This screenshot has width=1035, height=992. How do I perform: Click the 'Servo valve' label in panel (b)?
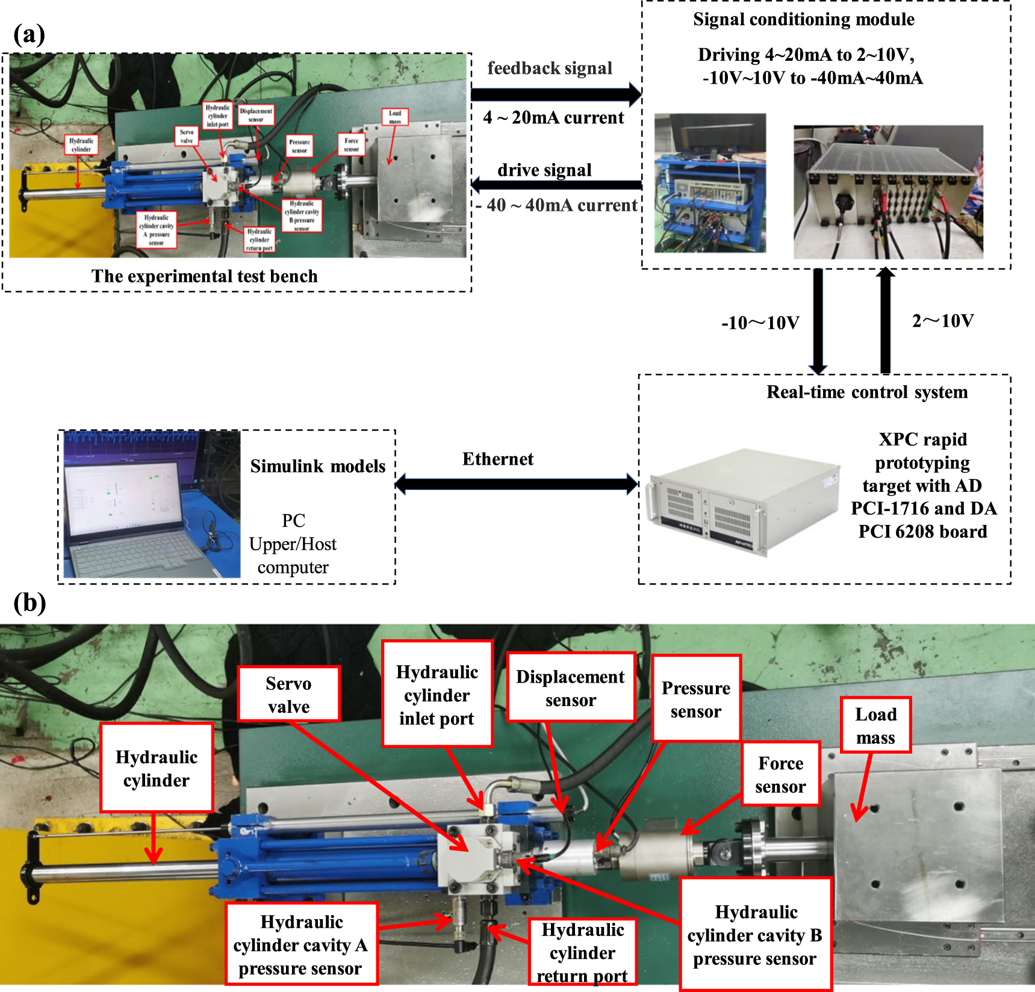tap(288, 694)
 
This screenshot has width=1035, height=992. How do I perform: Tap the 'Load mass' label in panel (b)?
tap(875, 725)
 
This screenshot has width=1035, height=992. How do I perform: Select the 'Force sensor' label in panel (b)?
tap(780, 774)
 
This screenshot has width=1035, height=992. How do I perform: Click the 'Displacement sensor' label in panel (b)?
tap(571, 687)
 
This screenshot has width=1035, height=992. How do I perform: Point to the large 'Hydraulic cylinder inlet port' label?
tap(437, 695)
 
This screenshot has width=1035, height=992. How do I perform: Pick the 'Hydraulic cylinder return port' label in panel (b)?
tap(582, 952)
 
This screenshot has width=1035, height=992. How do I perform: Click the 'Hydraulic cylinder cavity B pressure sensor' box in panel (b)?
tap(755, 935)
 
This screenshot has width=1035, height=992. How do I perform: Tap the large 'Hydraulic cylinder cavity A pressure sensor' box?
tap(301, 944)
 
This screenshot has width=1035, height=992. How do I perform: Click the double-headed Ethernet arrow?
tap(517, 483)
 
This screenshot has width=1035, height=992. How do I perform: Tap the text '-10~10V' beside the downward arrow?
tap(760, 323)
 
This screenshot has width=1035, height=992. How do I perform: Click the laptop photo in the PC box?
tap(152, 504)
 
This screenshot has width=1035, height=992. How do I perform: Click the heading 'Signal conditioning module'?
tap(803, 19)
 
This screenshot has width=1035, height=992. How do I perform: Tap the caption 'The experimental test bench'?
tap(204, 276)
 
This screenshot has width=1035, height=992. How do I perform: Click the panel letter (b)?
tap(30, 603)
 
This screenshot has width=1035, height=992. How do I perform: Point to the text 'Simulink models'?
tap(317, 467)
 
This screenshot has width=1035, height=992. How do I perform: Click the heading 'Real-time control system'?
tap(866, 392)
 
